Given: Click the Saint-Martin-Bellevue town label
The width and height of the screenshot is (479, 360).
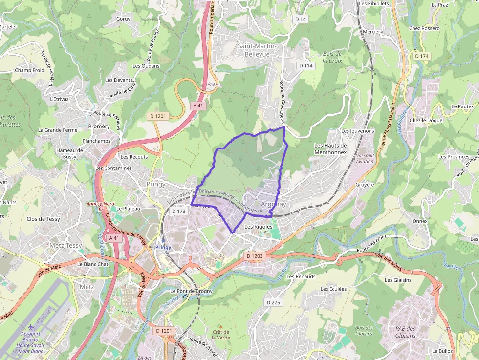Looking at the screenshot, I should point(257,50).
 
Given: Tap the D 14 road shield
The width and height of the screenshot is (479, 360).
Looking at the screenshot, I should point(300,19).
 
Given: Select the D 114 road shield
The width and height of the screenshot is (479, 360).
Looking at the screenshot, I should point(305,65).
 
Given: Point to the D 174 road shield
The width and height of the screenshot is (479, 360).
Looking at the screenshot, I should point(421,56).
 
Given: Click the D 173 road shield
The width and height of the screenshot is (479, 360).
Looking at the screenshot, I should point(179,212).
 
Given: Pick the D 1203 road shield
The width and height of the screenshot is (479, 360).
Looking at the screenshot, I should point(255,256).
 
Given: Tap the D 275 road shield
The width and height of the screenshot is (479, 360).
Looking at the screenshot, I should point(274,302).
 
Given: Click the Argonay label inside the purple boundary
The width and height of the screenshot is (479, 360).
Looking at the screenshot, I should point(273,204).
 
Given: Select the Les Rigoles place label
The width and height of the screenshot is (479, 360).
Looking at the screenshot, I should point(258,227).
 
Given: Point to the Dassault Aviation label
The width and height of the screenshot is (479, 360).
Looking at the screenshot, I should point(365,158).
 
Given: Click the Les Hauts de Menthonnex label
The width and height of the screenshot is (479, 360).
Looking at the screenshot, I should point(330,148).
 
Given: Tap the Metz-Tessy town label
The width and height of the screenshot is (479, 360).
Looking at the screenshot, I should point(66,245).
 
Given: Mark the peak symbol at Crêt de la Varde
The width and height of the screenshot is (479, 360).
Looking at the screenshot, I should point(220,326).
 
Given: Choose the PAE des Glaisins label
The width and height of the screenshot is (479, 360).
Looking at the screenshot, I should point(405,332).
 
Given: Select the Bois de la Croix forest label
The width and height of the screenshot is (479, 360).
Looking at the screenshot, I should point(332,57).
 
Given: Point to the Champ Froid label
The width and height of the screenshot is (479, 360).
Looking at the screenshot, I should point(29,70).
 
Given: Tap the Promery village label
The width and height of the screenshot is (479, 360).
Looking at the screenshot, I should point(99,126).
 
